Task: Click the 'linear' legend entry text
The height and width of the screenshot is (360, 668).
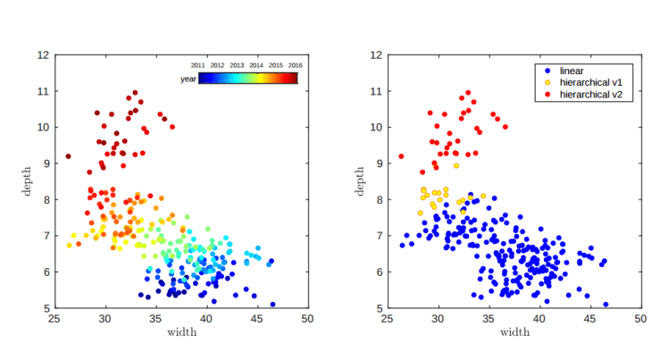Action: click(572, 70)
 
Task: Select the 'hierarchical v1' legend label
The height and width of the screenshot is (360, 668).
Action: click(590, 81)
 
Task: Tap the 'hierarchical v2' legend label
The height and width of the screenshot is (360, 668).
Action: click(590, 93)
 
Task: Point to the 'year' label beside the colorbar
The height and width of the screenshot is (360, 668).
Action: click(188, 80)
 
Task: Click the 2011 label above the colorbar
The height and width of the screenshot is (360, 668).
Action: click(199, 65)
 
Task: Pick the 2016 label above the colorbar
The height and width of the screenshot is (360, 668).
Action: click(296, 65)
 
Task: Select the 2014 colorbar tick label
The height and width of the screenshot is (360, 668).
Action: click(256, 65)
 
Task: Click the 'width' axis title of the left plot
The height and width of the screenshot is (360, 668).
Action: click(182, 333)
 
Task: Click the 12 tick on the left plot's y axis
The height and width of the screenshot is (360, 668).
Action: click(44, 54)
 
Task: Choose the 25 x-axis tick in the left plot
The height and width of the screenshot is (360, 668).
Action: click(55, 318)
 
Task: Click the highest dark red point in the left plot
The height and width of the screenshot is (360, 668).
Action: click(135, 92)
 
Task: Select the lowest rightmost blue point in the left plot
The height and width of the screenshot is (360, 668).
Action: click(272, 305)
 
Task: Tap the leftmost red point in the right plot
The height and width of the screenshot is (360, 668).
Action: click(401, 156)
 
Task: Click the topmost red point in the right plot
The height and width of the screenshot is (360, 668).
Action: click(467, 92)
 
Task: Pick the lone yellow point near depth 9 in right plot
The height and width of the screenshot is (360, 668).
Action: click(455, 165)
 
